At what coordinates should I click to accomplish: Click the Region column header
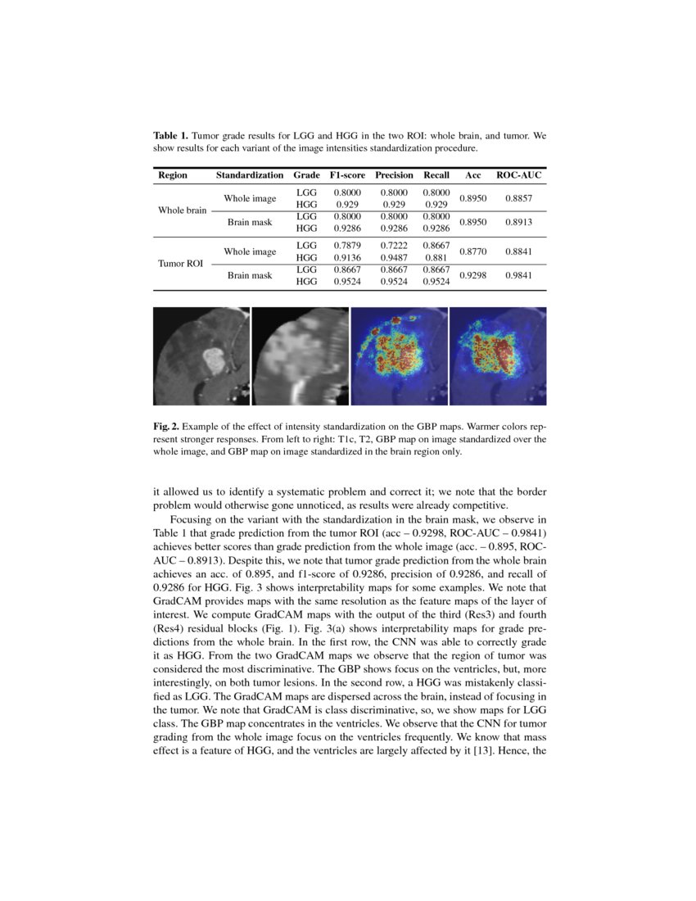[172, 175]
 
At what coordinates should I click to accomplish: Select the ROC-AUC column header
[519, 175]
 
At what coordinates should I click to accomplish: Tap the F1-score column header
[347, 175]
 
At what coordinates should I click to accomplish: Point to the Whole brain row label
[182, 210]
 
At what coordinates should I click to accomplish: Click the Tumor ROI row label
[180, 264]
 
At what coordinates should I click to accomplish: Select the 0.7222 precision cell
[394, 245]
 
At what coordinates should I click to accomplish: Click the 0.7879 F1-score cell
[347, 245]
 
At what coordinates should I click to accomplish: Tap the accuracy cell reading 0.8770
[473, 252]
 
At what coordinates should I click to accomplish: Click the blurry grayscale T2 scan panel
[300, 356]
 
